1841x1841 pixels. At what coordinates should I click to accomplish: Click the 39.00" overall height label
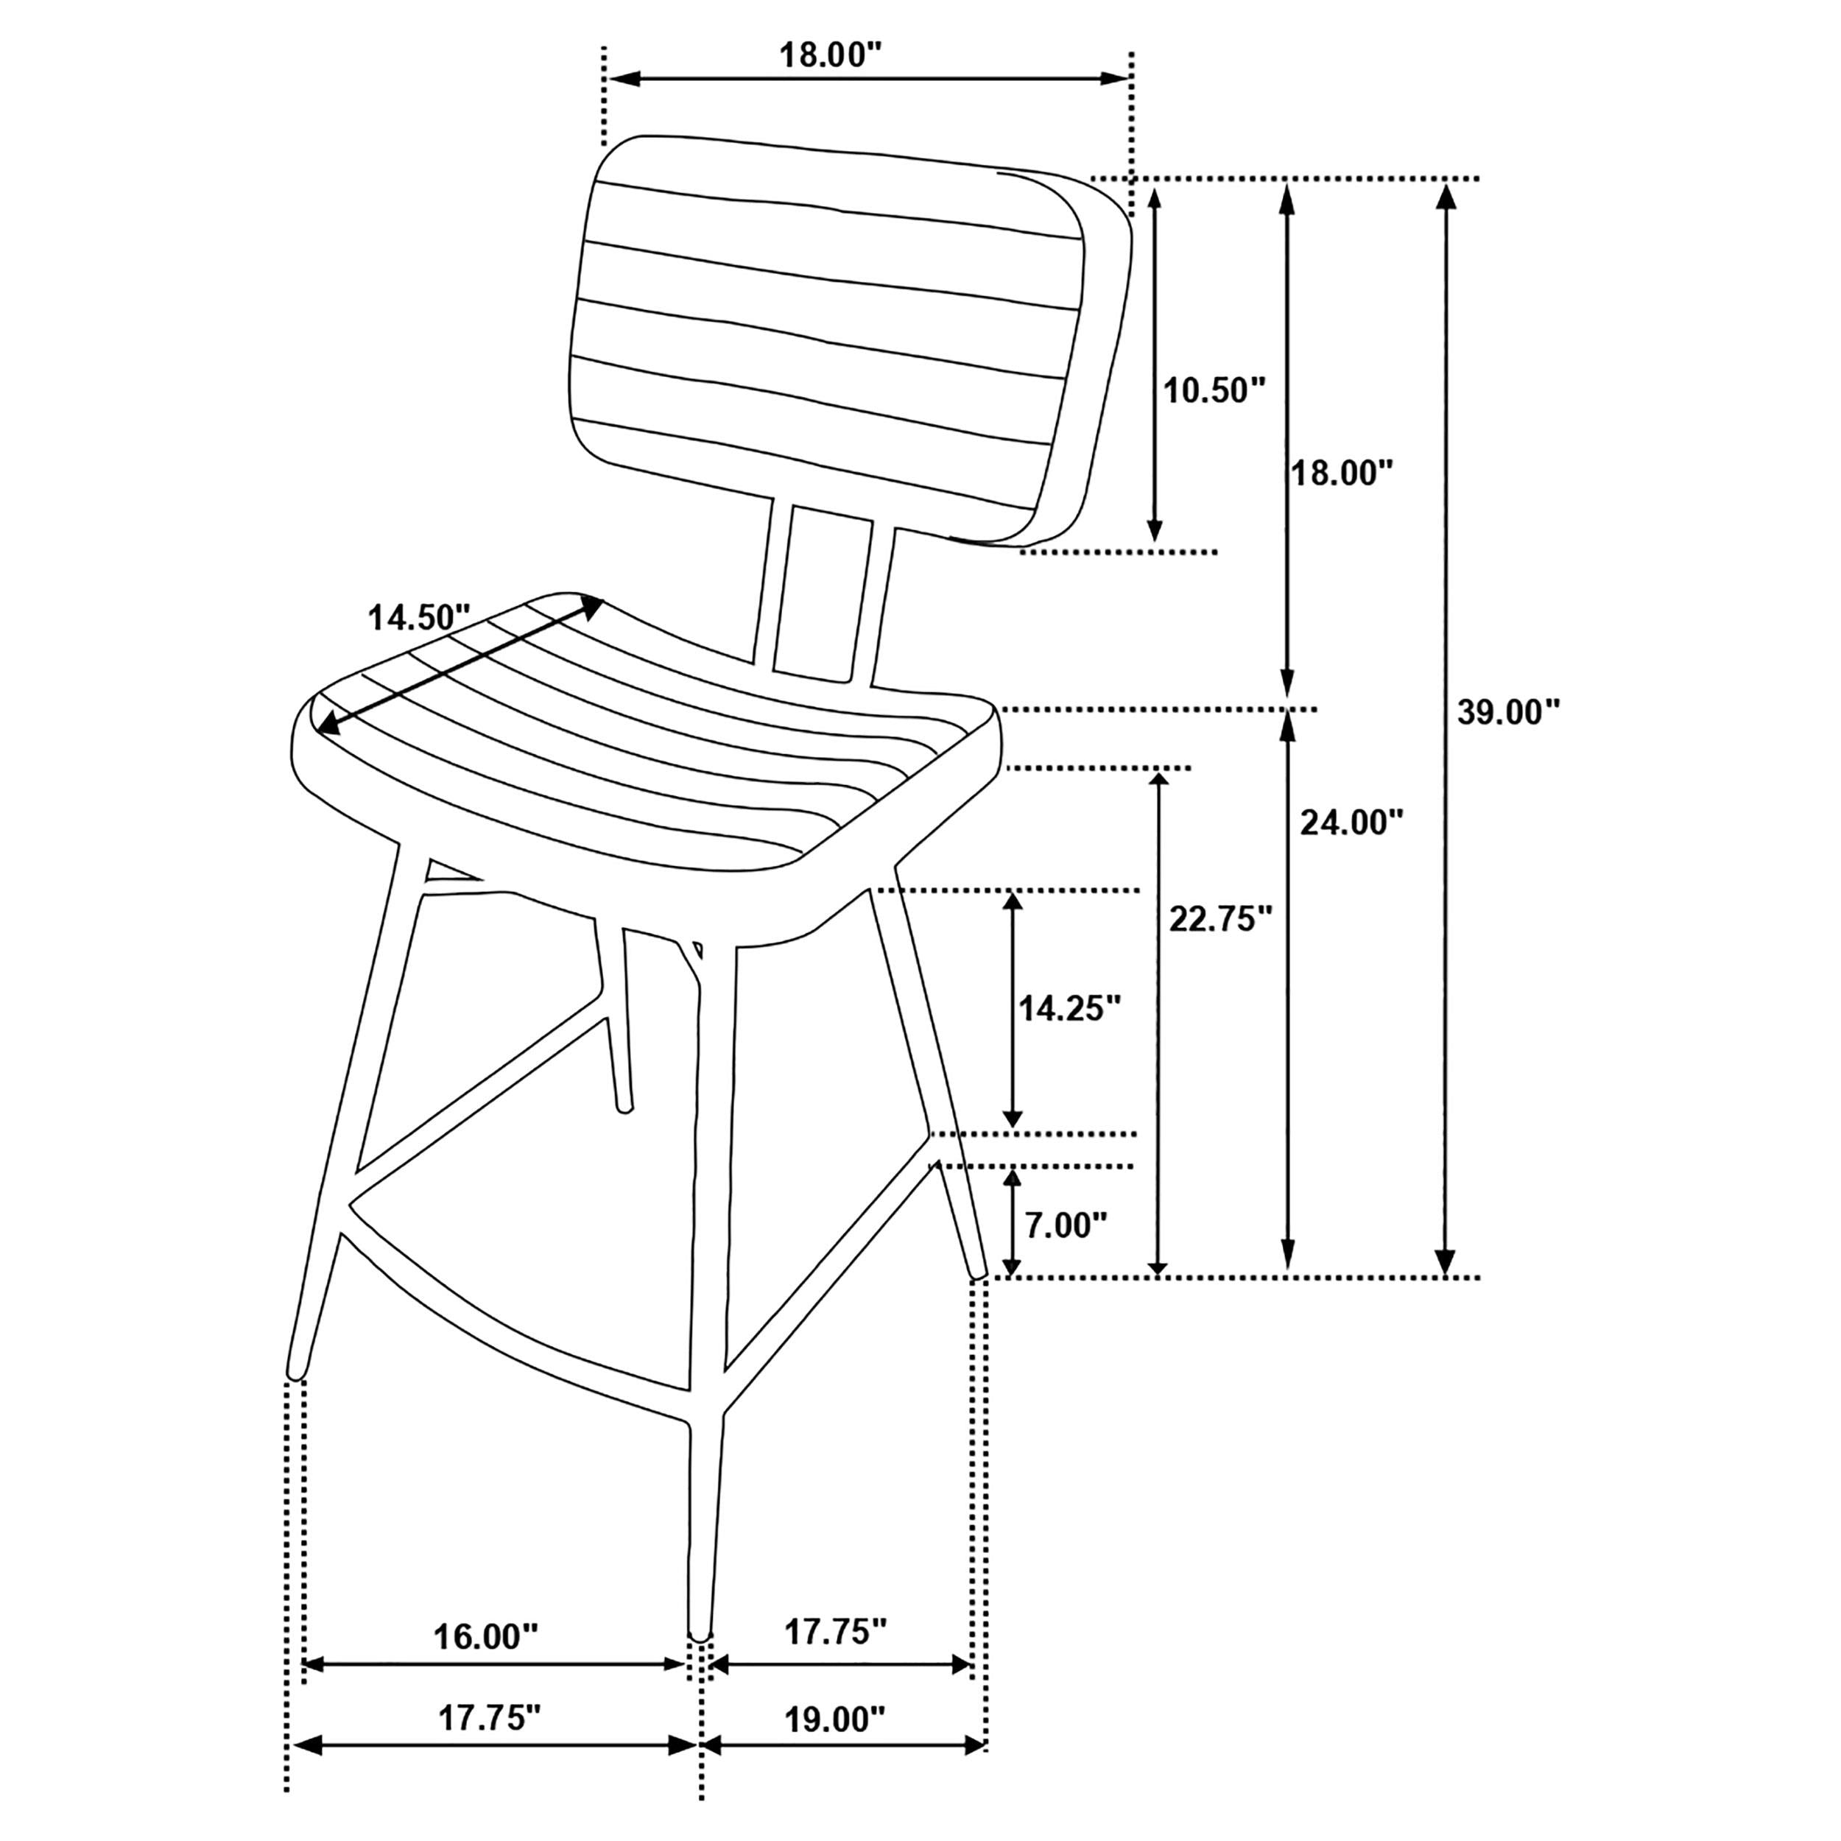click(1508, 712)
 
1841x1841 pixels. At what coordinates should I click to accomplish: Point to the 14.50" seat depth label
click(419, 618)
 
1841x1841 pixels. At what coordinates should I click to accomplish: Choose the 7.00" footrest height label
click(1066, 1225)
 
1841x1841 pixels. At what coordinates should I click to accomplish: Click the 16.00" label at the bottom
click(486, 1637)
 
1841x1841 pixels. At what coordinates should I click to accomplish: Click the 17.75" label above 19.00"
click(836, 1633)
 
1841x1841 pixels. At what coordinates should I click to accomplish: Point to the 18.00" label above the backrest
click(826, 55)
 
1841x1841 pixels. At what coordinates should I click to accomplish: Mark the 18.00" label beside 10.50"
click(1342, 473)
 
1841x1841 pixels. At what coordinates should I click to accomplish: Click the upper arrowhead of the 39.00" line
click(1446, 195)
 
